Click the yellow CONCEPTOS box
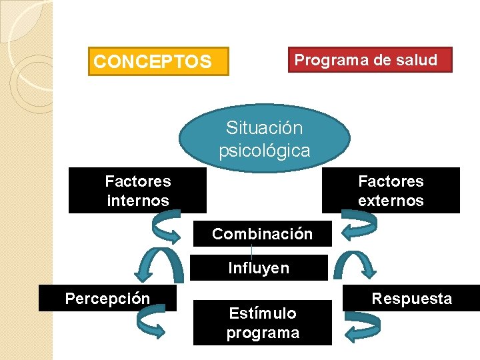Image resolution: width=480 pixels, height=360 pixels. point(159,61)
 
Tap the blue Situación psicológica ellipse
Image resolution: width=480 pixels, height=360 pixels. point(265,138)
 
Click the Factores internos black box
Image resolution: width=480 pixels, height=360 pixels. point(137,191)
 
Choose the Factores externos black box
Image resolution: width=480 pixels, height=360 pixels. point(391,191)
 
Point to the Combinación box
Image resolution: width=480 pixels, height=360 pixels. point(262,234)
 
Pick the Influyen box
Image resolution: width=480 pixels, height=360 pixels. point(259,268)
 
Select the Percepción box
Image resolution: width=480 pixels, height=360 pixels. point(107,298)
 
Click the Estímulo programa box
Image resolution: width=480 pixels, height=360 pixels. point(263,323)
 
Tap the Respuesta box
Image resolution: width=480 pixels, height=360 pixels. point(411,298)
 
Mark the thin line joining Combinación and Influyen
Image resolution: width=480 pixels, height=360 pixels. point(251,250)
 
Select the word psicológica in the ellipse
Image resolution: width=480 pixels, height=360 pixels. point(265,151)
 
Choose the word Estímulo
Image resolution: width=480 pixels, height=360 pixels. point(263,313)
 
